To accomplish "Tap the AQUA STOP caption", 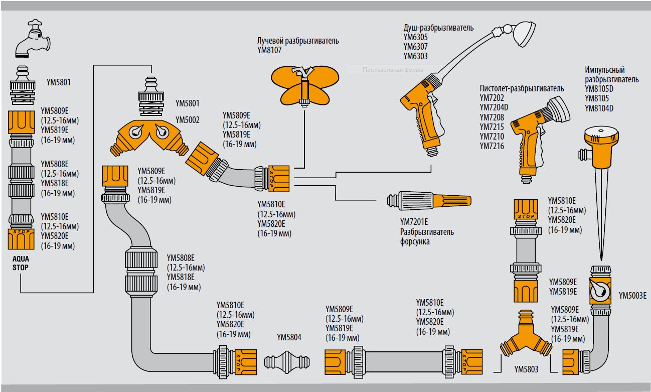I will pos(21,263).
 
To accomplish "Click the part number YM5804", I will pos(289,337).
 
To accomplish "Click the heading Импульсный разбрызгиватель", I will pos(611,75).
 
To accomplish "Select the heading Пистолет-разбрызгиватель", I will pos(522,88).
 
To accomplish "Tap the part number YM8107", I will pos(270,50).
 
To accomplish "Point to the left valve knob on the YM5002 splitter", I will pos(136,132).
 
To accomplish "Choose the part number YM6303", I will pos(416,57).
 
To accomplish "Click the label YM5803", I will pos(526,370).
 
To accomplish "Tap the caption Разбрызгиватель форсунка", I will pos(427,236).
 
